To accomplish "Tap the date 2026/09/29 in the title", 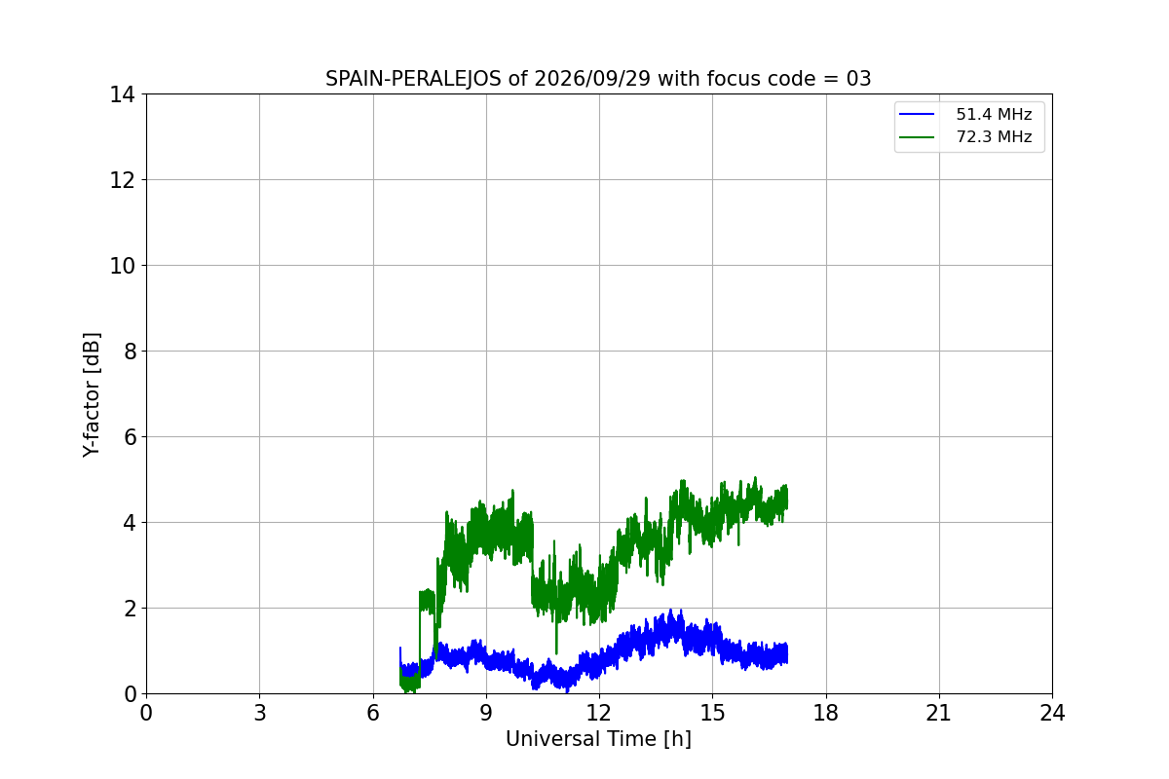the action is tap(592, 79).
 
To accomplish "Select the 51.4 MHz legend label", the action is tap(994, 114).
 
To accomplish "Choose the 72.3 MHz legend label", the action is tap(994, 136).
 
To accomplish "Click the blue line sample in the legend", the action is tap(917, 114).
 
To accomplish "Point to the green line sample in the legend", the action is tap(917, 137).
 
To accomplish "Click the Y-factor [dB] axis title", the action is tap(92, 395).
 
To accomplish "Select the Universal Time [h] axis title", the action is tap(598, 739).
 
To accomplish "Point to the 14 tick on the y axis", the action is tap(122, 95).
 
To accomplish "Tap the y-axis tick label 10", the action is tap(122, 266).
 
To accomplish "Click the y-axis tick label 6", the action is tap(130, 437).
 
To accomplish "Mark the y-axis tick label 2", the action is tap(130, 609).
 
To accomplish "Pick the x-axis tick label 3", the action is tap(260, 713).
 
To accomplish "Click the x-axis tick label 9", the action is tap(486, 713).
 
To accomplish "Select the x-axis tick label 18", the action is tap(826, 713).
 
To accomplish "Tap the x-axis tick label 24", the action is tap(1053, 713).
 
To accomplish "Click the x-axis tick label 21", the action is tap(939, 713).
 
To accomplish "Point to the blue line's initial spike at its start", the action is tap(400, 649).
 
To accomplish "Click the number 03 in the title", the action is tap(858, 79).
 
